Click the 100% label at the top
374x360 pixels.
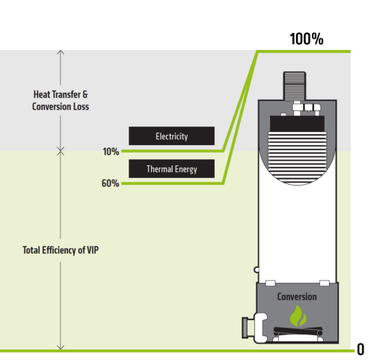point(307,39)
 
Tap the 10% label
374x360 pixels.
point(111,152)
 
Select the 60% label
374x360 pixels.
point(110,183)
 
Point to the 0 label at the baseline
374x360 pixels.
point(361,350)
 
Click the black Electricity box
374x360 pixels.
point(171,136)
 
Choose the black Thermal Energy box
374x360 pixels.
point(171,168)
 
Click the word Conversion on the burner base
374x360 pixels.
point(297,296)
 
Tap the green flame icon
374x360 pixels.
point(298,316)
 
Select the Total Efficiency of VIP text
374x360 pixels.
point(61,250)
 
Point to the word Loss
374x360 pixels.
point(81,106)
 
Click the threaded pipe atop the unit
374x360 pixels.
point(295,86)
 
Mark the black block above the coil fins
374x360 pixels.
point(297,123)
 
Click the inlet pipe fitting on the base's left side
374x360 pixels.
point(254,327)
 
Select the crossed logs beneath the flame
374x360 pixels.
point(298,332)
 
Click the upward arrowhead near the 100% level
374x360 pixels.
point(61,52)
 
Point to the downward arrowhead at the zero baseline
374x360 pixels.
point(61,347)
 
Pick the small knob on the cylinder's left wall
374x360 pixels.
point(256,269)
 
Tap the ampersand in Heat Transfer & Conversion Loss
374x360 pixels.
point(85,95)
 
